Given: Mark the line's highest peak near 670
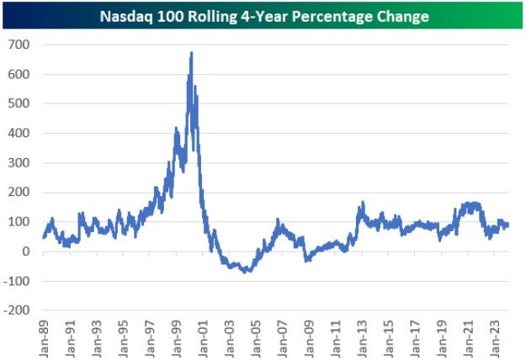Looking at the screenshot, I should tap(192, 53).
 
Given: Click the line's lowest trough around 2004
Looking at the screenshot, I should tap(245, 272).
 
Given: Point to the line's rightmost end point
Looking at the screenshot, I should tap(509, 225).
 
